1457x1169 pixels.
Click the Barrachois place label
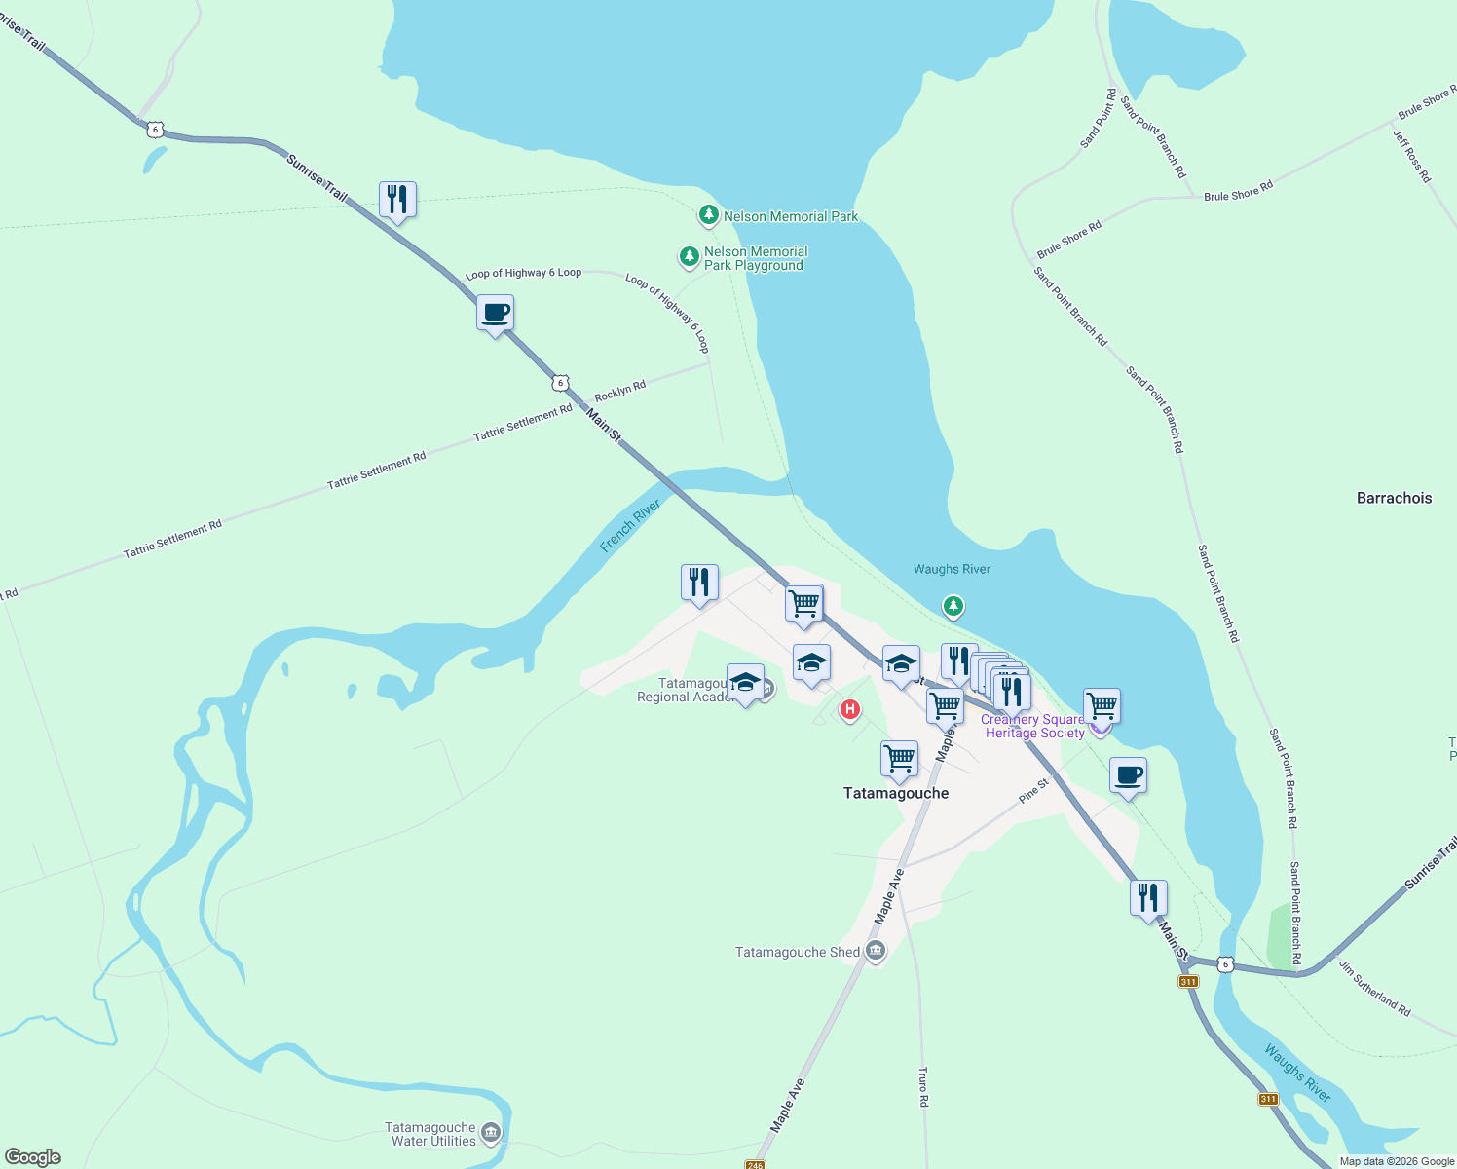pos(1394,498)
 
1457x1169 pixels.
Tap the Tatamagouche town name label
pos(895,793)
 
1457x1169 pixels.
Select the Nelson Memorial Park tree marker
pos(709,215)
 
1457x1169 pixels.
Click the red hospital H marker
pos(850,710)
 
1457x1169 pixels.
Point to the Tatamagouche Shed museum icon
pos(876,952)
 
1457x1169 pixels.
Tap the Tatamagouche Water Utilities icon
pos(491,1132)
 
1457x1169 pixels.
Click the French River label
pos(630,525)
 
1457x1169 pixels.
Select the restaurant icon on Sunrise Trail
pos(397,200)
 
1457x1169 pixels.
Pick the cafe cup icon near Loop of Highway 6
pos(495,314)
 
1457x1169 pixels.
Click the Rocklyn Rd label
pos(620,391)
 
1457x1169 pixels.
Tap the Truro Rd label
pos(923,1086)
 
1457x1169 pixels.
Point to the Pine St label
pos(1034,790)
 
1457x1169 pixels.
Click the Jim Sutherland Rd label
pos(1374,989)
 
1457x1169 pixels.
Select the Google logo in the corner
pos(33,1157)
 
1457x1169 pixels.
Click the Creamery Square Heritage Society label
pos(1033,727)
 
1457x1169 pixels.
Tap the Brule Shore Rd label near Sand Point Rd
pos(1068,239)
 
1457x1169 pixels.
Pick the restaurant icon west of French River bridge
pos(699,583)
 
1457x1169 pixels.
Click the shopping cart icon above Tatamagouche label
pos(899,758)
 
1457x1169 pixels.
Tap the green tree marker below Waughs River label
pos(953,607)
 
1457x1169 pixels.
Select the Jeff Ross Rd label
pos(1411,156)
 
